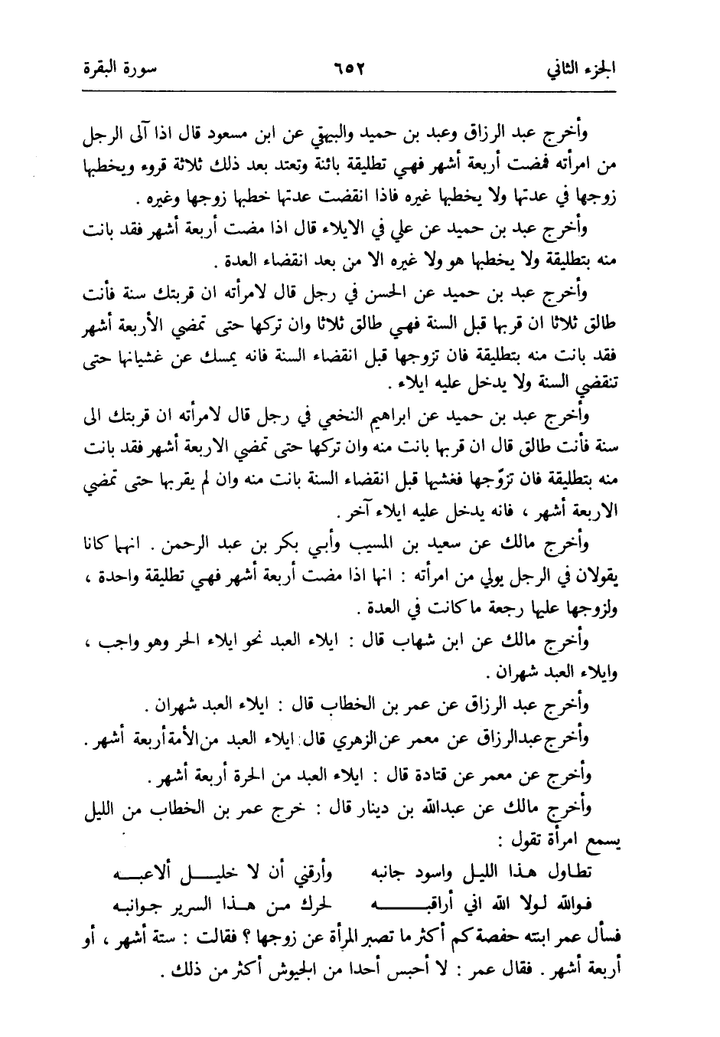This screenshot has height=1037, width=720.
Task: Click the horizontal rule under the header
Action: pyautogui.click(x=360, y=93)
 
